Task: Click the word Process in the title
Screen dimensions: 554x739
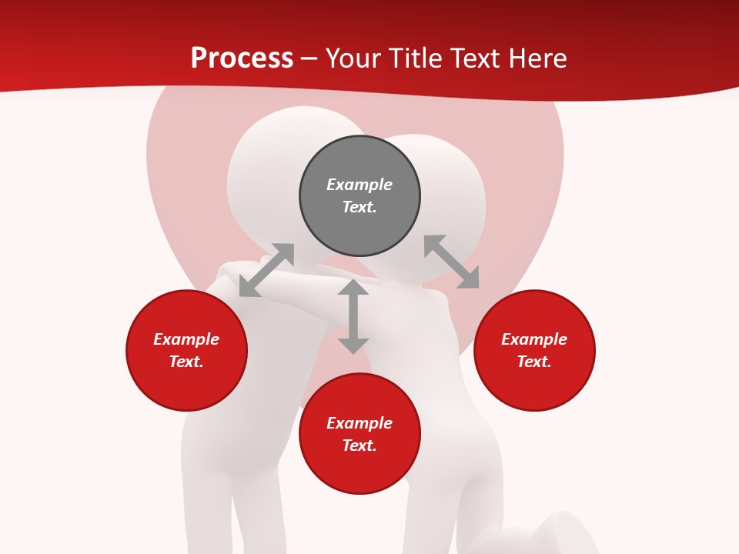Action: point(242,58)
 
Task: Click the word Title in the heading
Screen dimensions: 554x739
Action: point(416,58)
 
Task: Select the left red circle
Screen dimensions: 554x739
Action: point(186,385)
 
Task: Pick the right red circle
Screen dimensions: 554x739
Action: point(534,385)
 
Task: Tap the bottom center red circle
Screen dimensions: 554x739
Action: point(359,469)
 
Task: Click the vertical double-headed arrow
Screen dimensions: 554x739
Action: point(353,316)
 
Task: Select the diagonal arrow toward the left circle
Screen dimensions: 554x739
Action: point(266,270)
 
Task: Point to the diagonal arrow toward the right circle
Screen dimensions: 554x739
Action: point(451,262)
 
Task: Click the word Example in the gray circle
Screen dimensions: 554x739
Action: point(359,185)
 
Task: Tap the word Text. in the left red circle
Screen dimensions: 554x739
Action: point(186,362)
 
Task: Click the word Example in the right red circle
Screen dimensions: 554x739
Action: point(534,339)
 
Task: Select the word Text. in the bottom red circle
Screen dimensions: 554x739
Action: point(359,446)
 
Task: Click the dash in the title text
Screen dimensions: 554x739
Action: point(309,58)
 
